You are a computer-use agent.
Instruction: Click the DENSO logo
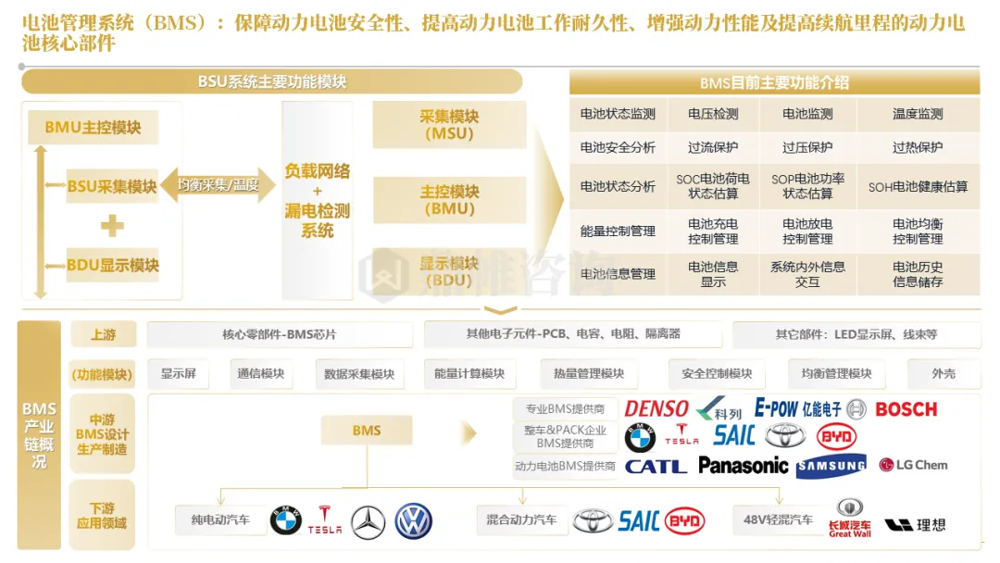(x=656, y=408)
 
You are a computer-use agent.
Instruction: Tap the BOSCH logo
(x=906, y=408)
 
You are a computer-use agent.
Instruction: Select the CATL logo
(x=656, y=466)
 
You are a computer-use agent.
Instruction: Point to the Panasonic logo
(x=744, y=465)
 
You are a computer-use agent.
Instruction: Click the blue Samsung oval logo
(x=831, y=465)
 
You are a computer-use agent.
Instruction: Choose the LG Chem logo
(x=913, y=465)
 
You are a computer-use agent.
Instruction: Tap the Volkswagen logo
(x=413, y=521)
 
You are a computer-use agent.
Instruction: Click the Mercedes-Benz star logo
(x=369, y=521)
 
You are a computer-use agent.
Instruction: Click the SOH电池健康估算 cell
(x=918, y=186)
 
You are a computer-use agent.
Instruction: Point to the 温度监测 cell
(x=918, y=114)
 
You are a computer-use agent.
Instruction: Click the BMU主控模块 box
(x=93, y=128)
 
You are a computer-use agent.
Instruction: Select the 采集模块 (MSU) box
(x=449, y=125)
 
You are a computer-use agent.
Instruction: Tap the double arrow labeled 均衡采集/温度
(x=219, y=185)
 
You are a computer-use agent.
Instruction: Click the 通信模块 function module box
(x=260, y=373)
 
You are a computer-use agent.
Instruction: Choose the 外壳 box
(x=944, y=373)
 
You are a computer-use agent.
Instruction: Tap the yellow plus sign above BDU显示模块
(x=112, y=225)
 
